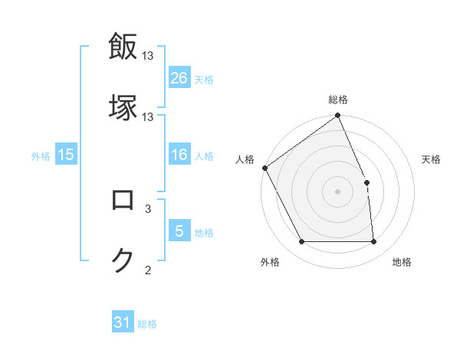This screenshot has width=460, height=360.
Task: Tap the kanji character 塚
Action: [x=123, y=107]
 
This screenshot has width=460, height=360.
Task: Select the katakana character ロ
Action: [x=123, y=200]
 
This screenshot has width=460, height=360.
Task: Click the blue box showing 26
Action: [x=179, y=78]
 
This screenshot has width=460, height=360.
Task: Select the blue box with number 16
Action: [x=179, y=155]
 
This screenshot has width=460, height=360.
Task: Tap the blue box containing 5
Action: [x=179, y=231]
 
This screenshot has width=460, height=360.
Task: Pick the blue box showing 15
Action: [x=66, y=155]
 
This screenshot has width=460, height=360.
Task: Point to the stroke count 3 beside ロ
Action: [x=148, y=208]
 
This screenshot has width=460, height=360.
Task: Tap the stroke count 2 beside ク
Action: [x=148, y=269]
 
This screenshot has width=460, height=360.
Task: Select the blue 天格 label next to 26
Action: [x=204, y=79]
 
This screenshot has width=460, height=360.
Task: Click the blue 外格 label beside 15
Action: [x=41, y=156]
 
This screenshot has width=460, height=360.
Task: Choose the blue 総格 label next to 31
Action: [x=147, y=324]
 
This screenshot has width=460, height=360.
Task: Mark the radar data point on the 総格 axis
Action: [x=337, y=116]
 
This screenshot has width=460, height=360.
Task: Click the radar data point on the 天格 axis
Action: [x=366, y=182]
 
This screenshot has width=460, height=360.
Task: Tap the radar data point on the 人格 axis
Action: [x=264, y=168]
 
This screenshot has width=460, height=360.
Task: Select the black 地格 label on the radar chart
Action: [x=402, y=262]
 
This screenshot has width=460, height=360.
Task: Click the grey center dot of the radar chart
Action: [x=337, y=191]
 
